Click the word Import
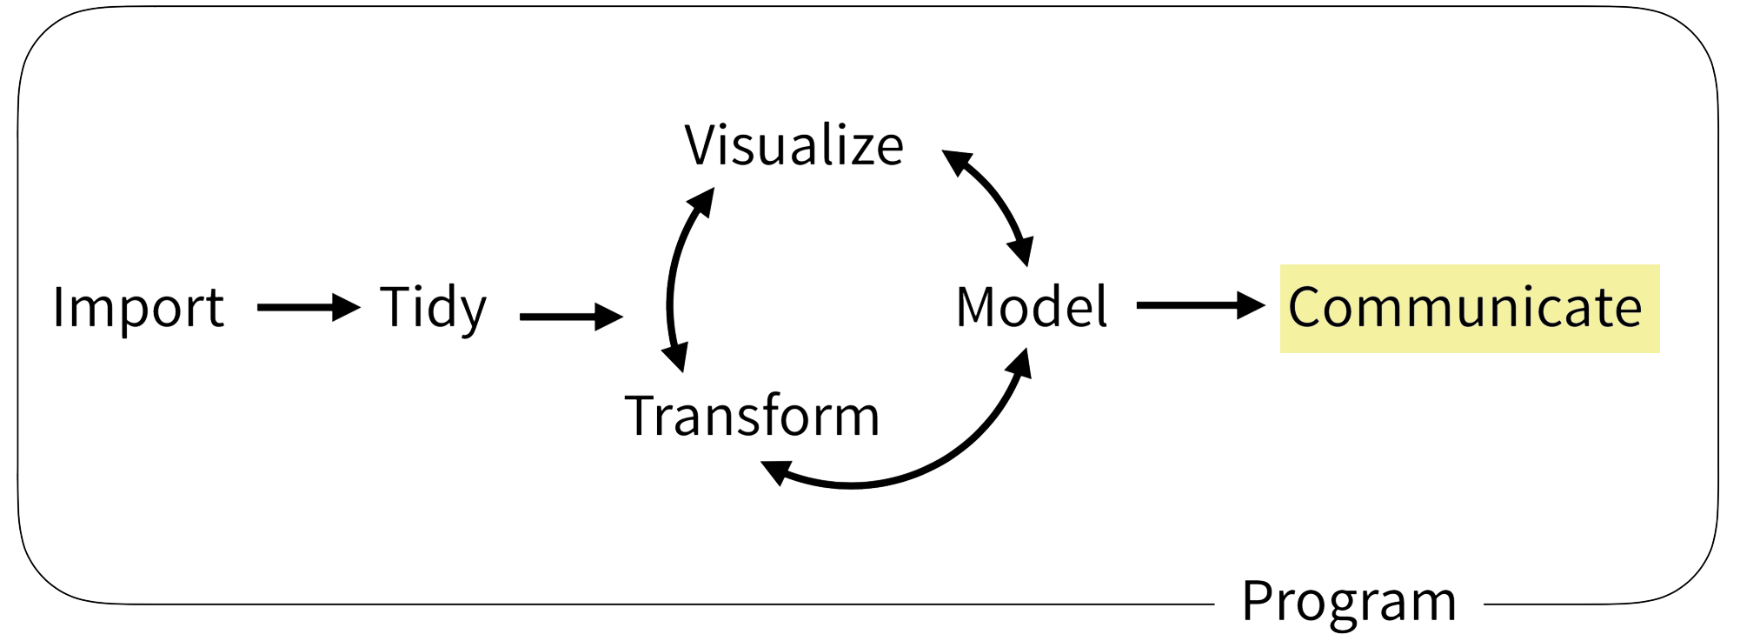coord(138,308)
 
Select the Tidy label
coord(433,308)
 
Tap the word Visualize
coord(794,145)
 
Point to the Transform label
coord(752,416)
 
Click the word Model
coord(1031,308)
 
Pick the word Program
coord(1348,601)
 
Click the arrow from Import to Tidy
coord(304,307)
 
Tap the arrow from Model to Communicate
coord(1195,305)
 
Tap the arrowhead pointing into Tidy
coord(348,307)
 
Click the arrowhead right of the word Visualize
coord(957,161)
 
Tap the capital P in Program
coord(1255,601)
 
